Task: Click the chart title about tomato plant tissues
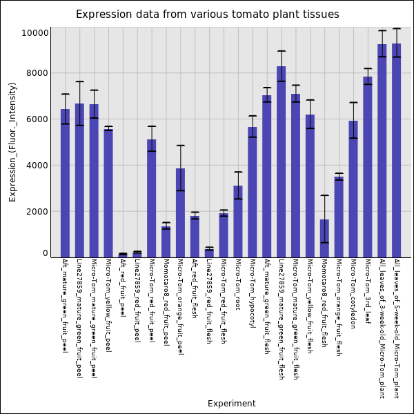tap(207, 14)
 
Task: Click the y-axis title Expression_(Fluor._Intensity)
tap(12, 141)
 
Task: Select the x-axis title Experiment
tap(231, 404)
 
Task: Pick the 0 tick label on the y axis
tap(45, 253)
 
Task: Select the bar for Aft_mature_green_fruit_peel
tap(65, 183)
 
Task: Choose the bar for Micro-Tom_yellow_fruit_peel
tap(108, 193)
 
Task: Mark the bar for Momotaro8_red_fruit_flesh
tap(324, 238)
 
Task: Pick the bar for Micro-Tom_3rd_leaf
tap(368, 167)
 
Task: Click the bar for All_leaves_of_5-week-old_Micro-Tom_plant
tap(397, 150)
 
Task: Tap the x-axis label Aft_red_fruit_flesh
tap(195, 288)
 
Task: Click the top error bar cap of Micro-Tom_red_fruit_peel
tap(152, 126)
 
